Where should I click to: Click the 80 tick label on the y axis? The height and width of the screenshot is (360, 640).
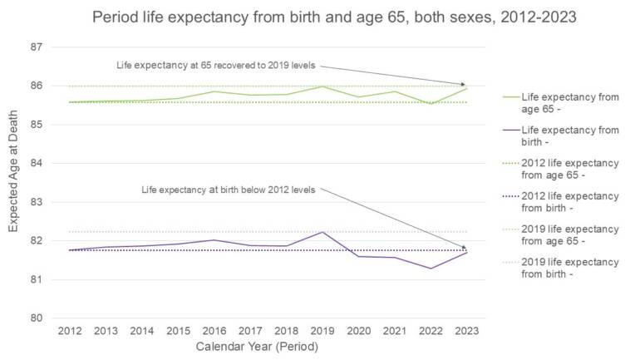click(36, 318)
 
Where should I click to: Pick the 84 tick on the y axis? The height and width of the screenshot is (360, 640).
click(36, 163)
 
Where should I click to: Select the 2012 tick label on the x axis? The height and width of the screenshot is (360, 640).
click(69, 330)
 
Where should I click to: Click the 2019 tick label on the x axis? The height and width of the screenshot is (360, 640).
click(322, 330)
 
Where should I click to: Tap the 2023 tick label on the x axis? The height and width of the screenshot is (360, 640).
click(465, 330)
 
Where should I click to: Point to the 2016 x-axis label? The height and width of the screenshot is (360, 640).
click(214, 330)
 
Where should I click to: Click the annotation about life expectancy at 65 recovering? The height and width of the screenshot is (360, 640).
click(214, 65)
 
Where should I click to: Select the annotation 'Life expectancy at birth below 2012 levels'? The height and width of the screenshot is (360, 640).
click(229, 190)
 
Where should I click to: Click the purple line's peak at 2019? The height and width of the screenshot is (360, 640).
click(322, 232)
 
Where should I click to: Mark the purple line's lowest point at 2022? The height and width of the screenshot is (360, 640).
click(430, 269)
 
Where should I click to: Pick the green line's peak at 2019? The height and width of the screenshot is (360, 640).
click(322, 86)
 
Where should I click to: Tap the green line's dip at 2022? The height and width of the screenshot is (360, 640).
click(430, 104)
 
